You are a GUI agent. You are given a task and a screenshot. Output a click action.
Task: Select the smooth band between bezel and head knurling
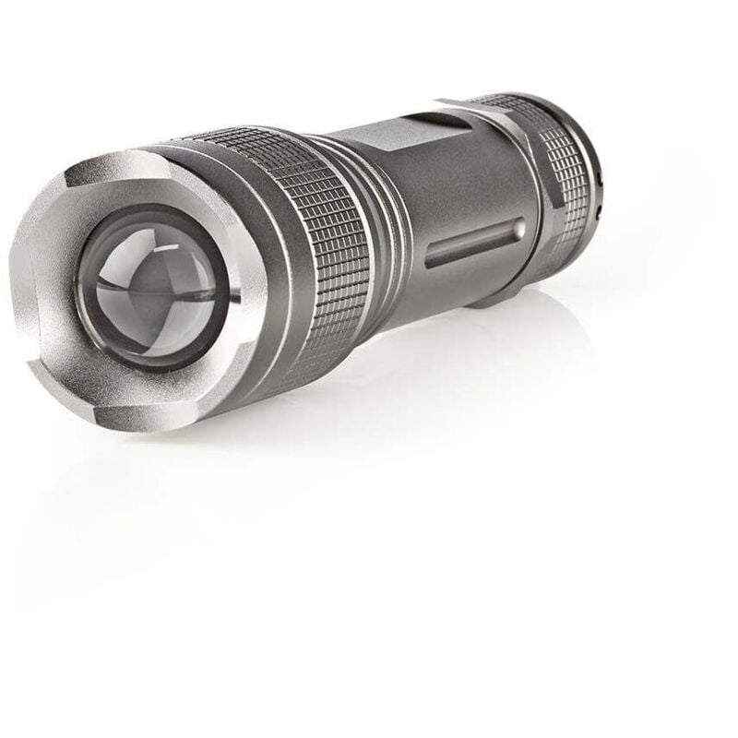[x=268, y=304]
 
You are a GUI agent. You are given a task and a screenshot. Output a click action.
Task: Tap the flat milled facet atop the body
[x=406, y=139]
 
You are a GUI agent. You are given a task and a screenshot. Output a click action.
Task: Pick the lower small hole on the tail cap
[x=600, y=213]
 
